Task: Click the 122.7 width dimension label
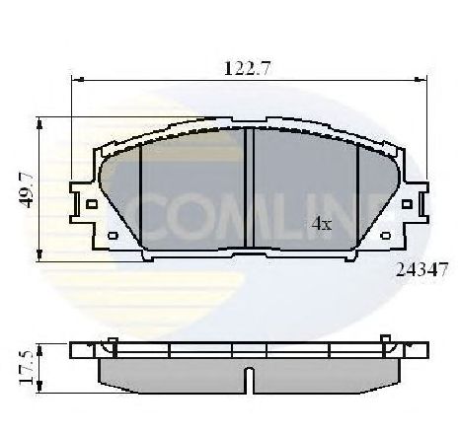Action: [248, 68]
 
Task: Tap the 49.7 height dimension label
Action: [26, 190]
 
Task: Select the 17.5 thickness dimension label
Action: [26, 368]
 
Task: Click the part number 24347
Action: [421, 270]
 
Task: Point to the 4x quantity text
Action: [322, 224]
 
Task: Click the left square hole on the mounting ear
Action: [92, 204]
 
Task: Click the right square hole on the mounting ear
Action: [407, 204]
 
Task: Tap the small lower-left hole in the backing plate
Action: [113, 236]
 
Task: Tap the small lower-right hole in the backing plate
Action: [385, 236]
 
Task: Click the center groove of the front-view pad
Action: [250, 187]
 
